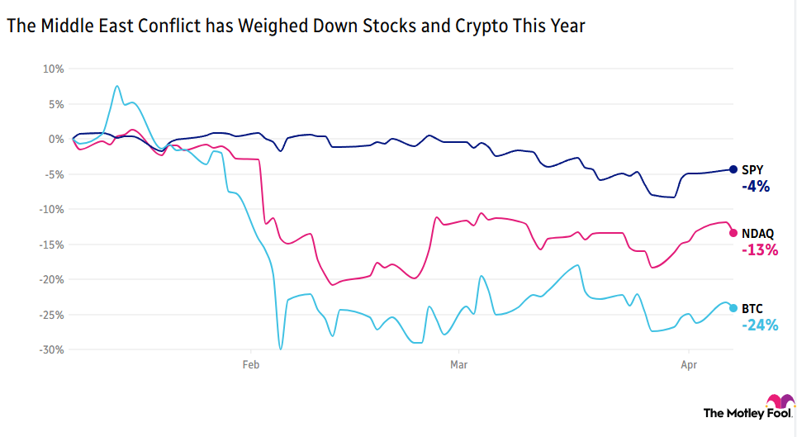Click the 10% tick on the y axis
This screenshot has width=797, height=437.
52,69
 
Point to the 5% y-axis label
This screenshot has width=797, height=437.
55,104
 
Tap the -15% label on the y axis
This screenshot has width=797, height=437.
50,245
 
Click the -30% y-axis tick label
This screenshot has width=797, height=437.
50,349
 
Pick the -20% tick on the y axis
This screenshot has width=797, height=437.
50,279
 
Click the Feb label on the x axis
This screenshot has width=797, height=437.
251,363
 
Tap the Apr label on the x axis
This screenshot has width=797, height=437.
687,363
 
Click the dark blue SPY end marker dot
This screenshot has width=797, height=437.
733,169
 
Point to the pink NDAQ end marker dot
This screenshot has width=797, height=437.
733,232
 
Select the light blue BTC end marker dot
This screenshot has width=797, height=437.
733,307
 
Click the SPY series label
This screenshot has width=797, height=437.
752,169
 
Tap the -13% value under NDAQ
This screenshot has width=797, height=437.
759,249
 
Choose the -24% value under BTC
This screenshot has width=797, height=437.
759,325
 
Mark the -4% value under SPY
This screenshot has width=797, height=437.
755,187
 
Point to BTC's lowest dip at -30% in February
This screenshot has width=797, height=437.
281,349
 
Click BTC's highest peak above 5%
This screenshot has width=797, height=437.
117,86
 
